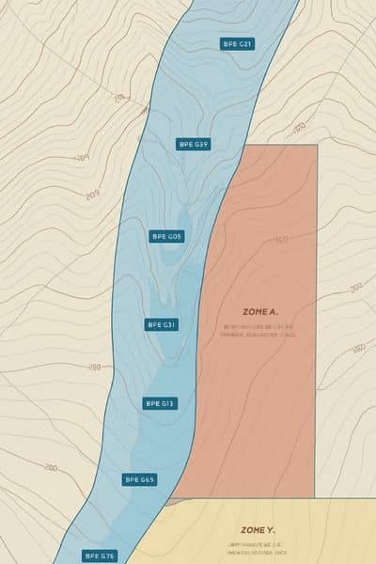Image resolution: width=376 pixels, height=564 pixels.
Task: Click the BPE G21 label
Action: pyautogui.click(x=237, y=43)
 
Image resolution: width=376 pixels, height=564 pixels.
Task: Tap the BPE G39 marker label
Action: pyautogui.click(x=193, y=144)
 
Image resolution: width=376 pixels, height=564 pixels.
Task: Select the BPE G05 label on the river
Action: pyautogui.click(x=166, y=236)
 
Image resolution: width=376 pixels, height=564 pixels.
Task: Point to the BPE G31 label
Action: pyautogui.click(x=162, y=324)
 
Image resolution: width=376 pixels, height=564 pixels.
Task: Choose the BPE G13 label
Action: pyautogui.click(x=159, y=403)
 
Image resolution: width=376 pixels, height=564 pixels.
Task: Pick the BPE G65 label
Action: pyautogui.click(x=140, y=479)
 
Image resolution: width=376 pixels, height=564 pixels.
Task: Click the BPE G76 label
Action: pyautogui.click(x=100, y=556)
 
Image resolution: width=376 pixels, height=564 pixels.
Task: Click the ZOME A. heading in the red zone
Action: pyautogui.click(x=260, y=312)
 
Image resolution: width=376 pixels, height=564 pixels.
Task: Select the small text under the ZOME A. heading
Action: pyautogui.click(x=260, y=331)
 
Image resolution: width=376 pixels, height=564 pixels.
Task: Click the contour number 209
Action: pyautogui.click(x=91, y=196)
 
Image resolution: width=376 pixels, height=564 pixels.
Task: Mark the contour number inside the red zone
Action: pyautogui.click(x=281, y=240)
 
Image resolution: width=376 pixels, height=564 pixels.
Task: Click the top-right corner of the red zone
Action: pyautogui.click(x=317, y=145)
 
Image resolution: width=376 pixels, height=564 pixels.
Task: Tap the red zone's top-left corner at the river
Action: pyautogui.click(x=243, y=145)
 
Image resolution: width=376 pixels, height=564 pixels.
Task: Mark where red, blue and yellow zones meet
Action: pyautogui.click(x=169, y=500)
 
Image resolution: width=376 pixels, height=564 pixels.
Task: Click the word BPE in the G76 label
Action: pyautogui.click(x=92, y=556)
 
